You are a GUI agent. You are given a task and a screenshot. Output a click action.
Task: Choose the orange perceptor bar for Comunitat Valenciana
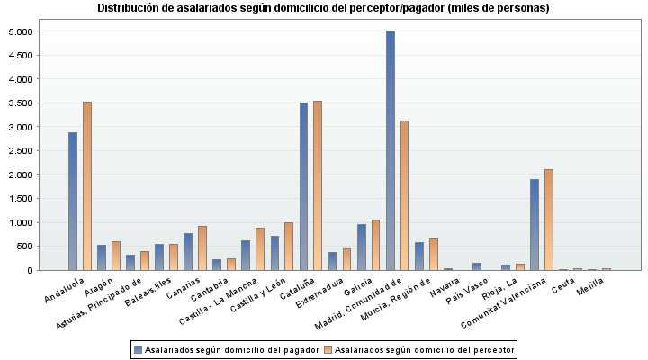click(x=549, y=220)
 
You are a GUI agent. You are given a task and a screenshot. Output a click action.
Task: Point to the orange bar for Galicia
click(x=376, y=245)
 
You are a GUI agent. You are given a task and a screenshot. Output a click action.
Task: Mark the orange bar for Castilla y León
click(x=289, y=246)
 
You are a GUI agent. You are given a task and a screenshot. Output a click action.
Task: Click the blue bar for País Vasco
click(x=477, y=266)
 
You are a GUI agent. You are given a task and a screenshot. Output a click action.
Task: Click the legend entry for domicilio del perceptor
click(x=418, y=348)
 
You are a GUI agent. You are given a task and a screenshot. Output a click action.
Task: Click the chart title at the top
click(x=323, y=8)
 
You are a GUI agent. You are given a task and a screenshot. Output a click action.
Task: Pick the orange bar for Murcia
click(x=434, y=254)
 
